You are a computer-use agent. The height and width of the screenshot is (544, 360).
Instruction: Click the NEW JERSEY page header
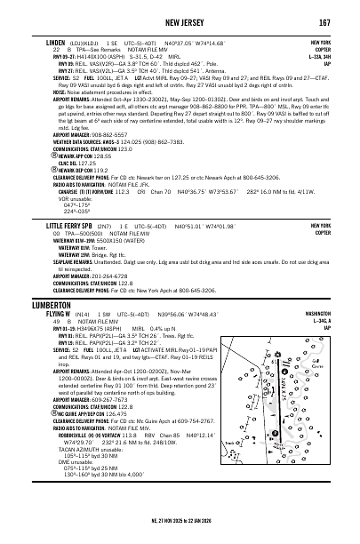(x=180, y=21)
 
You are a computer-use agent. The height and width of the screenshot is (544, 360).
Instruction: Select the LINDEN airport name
(x=56, y=42)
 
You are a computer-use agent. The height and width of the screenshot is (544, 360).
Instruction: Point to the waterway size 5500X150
(x=110, y=240)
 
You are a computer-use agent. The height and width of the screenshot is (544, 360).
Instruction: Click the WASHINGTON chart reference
(x=326, y=314)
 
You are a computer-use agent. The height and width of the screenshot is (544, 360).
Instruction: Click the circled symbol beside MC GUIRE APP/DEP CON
(x=49, y=412)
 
